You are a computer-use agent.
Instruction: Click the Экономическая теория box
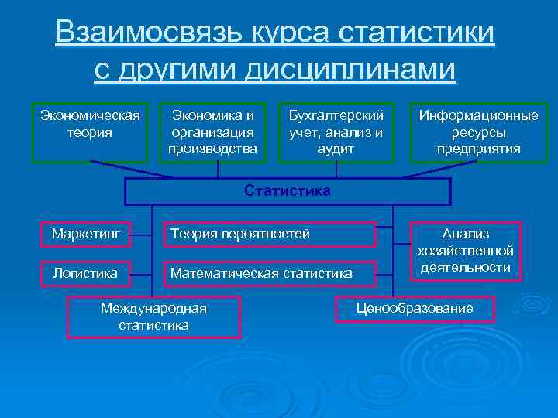point(90,132)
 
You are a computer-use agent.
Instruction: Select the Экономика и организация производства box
point(212,132)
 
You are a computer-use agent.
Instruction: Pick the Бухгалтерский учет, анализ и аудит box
point(336,132)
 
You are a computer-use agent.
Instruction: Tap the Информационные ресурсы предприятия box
point(478,132)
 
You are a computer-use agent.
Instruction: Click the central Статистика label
point(288,190)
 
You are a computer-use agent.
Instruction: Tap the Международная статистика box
point(154,317)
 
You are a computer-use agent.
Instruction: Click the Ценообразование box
point(415,308)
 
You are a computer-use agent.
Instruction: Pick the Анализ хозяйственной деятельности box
point(465,250)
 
